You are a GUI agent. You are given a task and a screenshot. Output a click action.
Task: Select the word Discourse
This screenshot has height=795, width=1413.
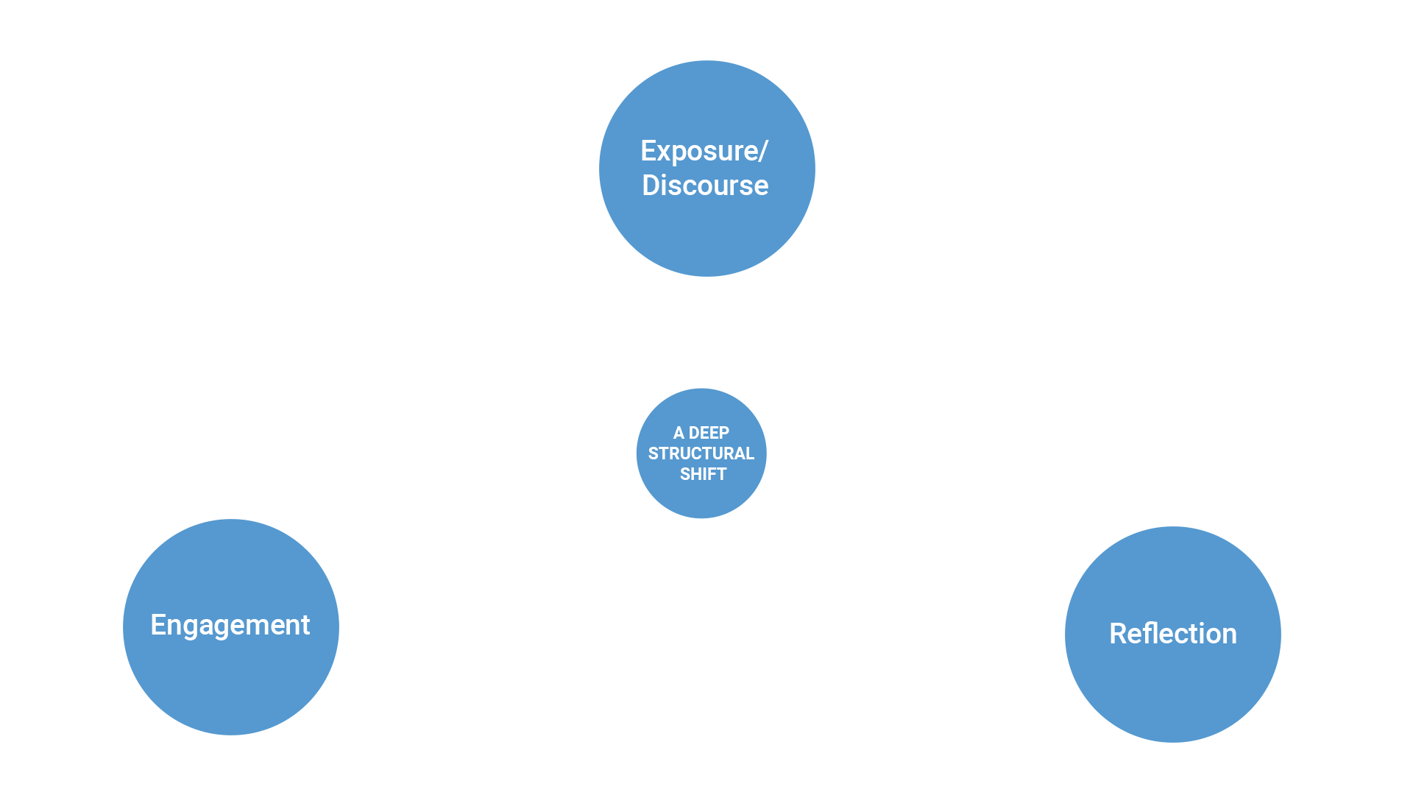coord(705,185)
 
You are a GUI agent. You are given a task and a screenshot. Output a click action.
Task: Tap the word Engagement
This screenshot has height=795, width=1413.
coord(230,625)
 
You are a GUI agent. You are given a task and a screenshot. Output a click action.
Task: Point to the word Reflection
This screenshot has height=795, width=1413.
coord(1172,634)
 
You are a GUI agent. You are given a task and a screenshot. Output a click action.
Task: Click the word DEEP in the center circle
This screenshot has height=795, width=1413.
coord(709,433)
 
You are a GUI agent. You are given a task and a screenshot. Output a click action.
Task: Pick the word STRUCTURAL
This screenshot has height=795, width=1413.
coord(701,453)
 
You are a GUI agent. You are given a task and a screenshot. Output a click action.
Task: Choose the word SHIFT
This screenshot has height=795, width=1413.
coord(703,474)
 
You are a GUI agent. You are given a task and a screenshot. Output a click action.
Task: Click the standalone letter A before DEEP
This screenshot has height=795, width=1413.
coord(679,433)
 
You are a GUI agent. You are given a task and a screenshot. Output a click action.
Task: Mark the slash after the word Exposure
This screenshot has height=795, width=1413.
coord(763,152)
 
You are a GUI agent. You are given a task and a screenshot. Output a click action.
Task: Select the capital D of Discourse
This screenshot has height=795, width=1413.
coord(651,185)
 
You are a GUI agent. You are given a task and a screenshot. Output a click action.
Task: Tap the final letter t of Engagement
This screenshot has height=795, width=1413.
coord(305,626)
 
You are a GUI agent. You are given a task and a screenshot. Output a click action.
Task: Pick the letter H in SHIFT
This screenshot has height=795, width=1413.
coord(697,474)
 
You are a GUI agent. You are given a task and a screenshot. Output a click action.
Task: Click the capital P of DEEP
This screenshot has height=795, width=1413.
coord(724,433)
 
